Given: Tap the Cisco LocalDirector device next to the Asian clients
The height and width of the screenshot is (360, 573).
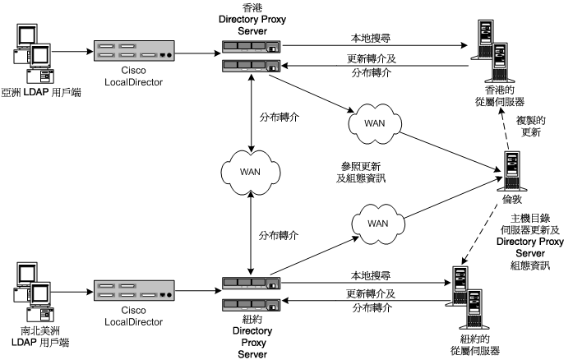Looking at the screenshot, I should pyautogui.click(x=133, y=54).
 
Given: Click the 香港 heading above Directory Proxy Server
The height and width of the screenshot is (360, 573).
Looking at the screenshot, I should pyautogui.click(x=252, y=7).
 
